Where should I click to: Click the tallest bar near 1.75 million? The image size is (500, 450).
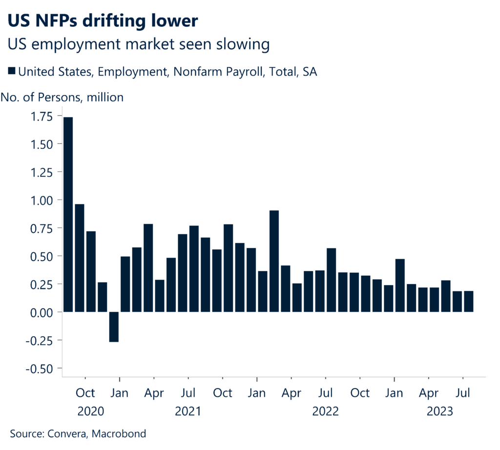(68, 215)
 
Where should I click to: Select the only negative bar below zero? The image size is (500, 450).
(114, 327)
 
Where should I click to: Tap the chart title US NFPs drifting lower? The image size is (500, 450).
(103, 21)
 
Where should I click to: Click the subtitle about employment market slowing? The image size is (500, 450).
(139, 44)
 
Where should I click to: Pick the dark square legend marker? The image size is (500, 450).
(12, 72)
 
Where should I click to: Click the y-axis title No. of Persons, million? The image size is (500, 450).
(62, 97)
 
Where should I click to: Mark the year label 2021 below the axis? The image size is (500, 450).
(188, 411)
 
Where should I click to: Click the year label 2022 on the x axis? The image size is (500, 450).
(325, 411)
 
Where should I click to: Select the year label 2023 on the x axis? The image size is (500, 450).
(440, 411)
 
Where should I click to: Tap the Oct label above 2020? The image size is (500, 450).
(86, 393)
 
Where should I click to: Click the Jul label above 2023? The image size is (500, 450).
(463, 393)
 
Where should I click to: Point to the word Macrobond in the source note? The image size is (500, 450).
(120, 433)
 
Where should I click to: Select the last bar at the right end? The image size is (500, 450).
(468, 301)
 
